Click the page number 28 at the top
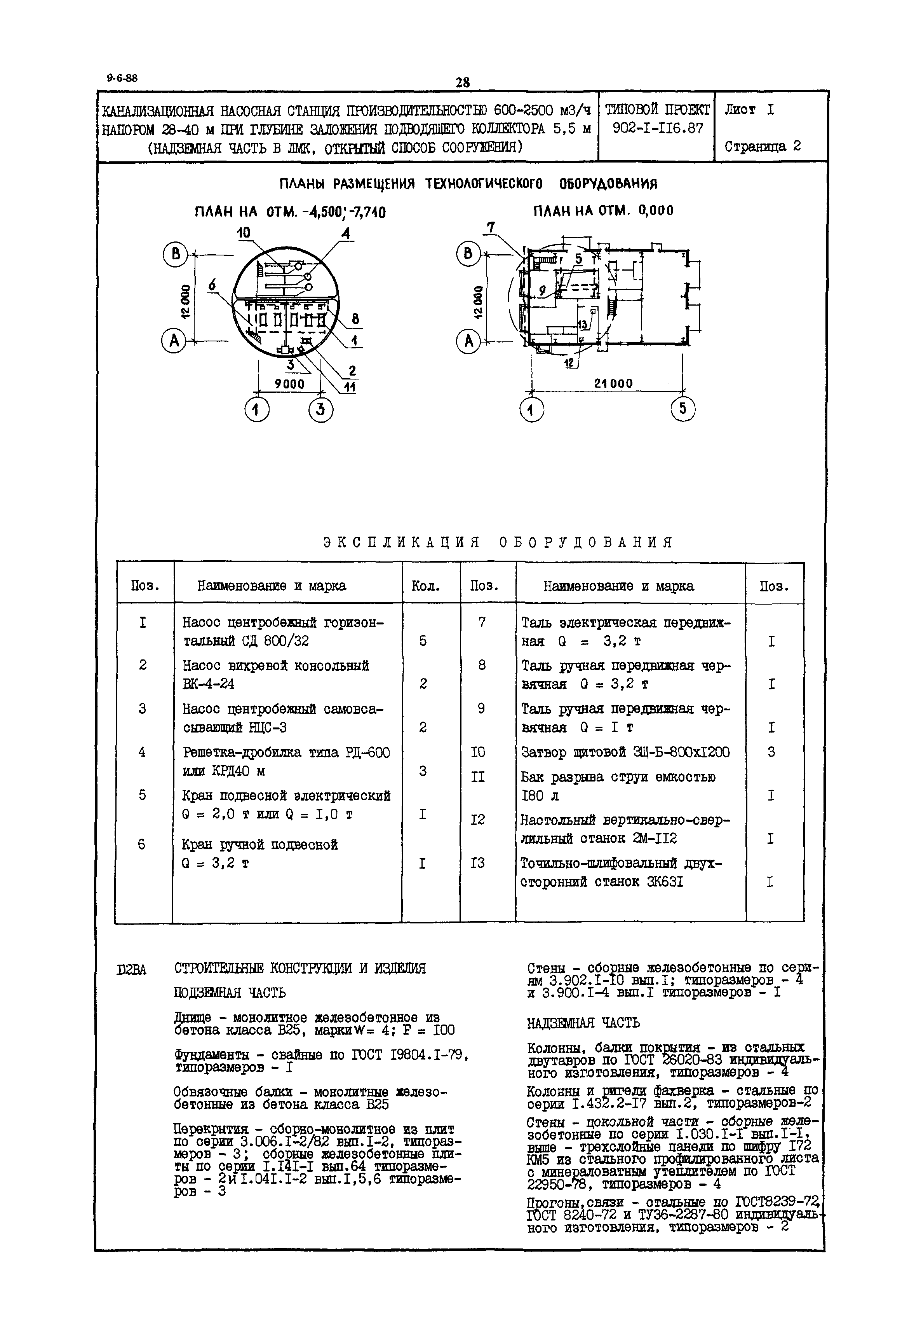click(x=462, y=82)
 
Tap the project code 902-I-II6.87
click(x=658, y=128)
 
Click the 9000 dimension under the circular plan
click(x=289, y=383)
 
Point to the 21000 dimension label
click(x=613, y=383)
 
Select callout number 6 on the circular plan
click(x=212, y=285)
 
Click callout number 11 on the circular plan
click(x=350, y=388)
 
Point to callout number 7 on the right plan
click(x=491, y=227)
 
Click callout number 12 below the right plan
click(x=569, y=363)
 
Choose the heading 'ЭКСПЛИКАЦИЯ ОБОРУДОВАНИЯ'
click(x=498, y=542)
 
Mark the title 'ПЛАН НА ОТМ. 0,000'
click(x=603, y=211)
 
